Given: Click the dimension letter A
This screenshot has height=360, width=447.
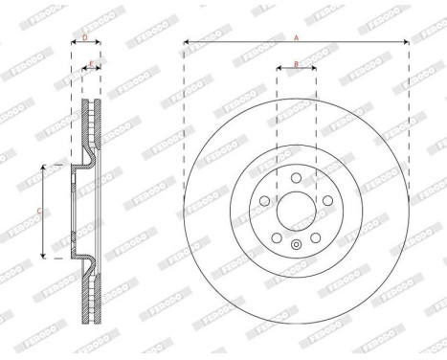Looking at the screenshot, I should [297, 36].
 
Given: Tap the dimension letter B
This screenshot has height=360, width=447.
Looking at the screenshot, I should [296, 64].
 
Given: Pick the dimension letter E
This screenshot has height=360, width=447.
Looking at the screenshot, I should [91, 64].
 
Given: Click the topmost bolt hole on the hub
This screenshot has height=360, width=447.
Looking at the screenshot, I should [296, 176].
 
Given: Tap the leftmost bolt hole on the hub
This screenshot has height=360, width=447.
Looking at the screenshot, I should [264, 200].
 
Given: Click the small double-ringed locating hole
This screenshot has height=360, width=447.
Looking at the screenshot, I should [296, 245].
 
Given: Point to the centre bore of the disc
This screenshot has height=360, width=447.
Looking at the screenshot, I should [296, 210].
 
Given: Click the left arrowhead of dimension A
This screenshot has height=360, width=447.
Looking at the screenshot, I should [185, 42].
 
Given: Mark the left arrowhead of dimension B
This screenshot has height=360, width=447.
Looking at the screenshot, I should [279, 70].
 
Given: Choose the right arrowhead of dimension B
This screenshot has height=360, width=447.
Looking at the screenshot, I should [313, 70].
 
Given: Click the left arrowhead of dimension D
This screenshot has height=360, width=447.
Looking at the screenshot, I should [74, 43].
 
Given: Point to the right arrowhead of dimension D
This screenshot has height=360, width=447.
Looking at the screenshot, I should [101, 43].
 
